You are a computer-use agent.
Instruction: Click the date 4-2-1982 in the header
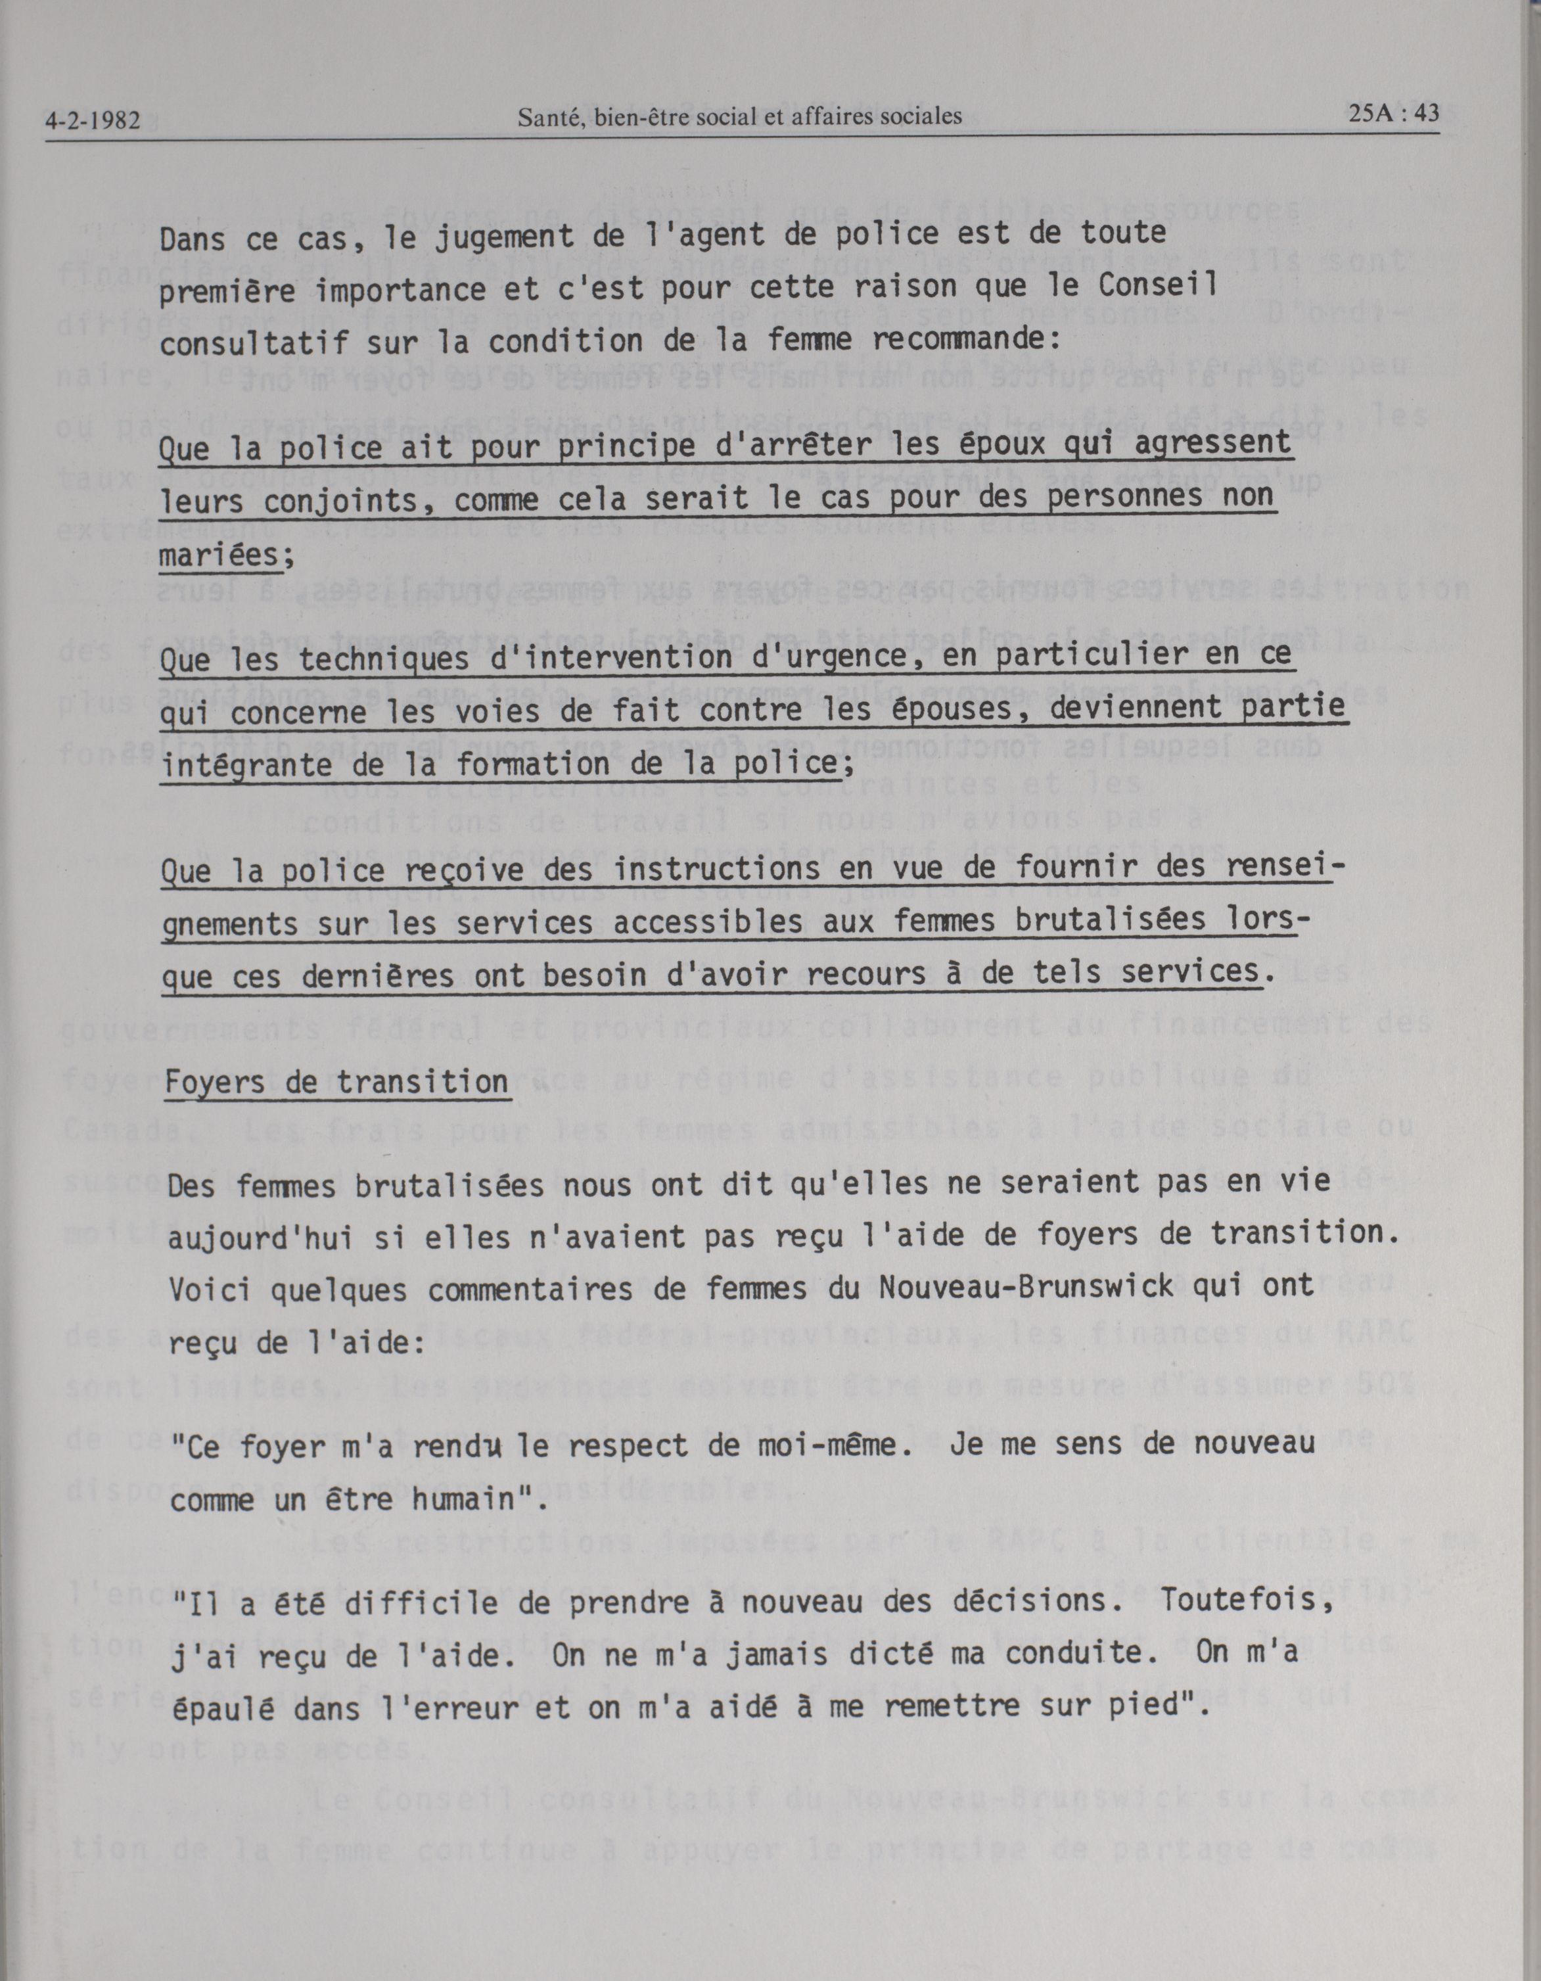click(x=93, y=120)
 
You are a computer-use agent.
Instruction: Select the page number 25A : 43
click(x=1393, y=114)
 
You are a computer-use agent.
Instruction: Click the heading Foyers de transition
click(x=336, y=1082)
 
